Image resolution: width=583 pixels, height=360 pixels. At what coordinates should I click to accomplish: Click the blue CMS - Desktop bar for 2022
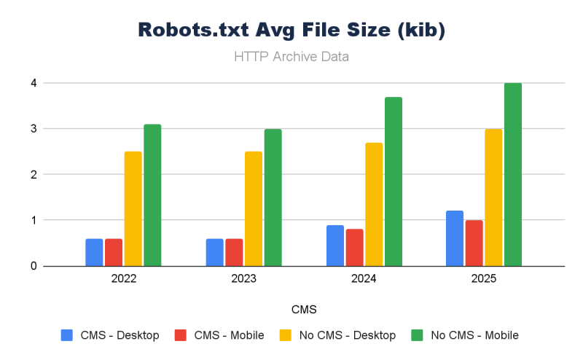[x=94, y=252]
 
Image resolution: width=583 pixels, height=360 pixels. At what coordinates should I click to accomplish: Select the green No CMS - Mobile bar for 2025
[x=513, y=175]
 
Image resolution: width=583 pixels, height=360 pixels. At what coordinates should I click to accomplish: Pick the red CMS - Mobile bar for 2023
[x=234, y=252]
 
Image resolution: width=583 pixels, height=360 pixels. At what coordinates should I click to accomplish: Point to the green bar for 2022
[x=152, y=195]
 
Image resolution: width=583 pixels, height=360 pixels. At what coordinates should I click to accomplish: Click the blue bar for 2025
[x=455, y=238]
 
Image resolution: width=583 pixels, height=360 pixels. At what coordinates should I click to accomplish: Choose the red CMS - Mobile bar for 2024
[x=354, y=248]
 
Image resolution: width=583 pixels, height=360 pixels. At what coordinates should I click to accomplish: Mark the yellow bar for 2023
[x=254, y=208]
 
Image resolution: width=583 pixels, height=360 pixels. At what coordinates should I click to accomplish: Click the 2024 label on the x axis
[x=364, y=278]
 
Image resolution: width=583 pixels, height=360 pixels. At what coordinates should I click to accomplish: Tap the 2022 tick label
[x=124, y=278]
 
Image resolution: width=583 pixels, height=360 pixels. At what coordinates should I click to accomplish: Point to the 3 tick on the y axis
[x=34, y=129]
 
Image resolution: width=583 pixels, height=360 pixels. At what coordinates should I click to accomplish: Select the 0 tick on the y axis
[x=34, y=266]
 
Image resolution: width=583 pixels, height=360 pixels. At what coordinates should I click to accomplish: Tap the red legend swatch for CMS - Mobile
[x=181, y=335]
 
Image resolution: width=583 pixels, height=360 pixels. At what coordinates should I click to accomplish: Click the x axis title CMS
[x=304, y=309]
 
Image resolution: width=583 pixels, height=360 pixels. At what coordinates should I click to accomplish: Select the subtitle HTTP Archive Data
[x=291, y=56]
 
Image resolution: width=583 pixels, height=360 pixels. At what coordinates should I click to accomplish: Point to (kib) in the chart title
[x=419, y=31]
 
